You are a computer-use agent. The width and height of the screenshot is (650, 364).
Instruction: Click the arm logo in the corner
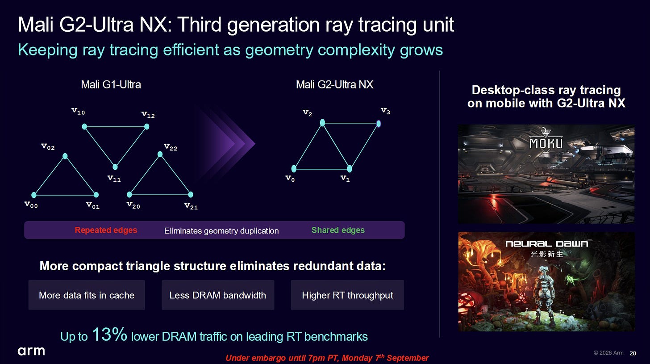(31, 351)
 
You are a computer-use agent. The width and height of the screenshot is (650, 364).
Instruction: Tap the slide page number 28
(633, 353)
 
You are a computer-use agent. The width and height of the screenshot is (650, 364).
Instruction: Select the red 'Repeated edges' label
(106, 230)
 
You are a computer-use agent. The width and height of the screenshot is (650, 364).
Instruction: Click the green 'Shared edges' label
(338, 230)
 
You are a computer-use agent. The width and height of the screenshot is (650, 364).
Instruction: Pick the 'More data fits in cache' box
(87, 295)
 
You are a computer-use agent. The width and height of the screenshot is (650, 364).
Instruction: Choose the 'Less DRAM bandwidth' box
(218, 295)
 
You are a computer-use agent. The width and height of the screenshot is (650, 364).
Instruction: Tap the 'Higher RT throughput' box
(347, 295)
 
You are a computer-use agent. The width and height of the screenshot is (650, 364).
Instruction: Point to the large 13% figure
(109, 334)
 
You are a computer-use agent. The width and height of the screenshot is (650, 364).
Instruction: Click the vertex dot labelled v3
(379, 124)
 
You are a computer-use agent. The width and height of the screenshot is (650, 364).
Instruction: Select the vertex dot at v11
(115, 167)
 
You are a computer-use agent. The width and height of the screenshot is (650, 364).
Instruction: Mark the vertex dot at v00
(34, 195)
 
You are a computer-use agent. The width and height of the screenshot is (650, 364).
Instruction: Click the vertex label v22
(171, 147)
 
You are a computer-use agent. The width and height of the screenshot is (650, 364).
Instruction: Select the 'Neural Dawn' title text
(547, 244)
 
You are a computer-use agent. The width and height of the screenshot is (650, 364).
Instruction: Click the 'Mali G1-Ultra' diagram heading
(111, 85)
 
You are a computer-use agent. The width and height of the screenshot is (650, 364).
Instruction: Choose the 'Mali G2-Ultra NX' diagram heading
(334, 85)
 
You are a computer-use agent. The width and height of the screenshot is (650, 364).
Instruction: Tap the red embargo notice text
(327, 358)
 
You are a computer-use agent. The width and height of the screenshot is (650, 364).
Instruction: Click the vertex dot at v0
(294, 168)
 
